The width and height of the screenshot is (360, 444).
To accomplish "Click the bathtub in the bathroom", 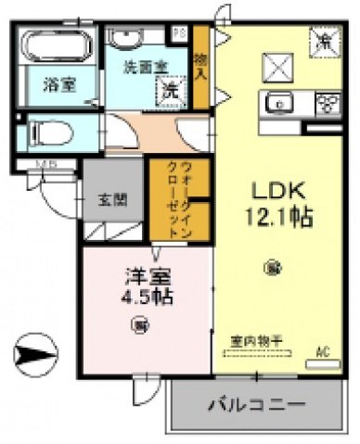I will (x=52, y=45).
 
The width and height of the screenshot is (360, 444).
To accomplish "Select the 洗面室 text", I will (x=147, y=67).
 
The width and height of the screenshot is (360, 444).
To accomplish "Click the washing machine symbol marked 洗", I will (x=173, y=91).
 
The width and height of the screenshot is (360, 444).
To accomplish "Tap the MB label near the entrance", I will (x=43, y=166).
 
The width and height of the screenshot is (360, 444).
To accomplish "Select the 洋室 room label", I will (x=139, y=276).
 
